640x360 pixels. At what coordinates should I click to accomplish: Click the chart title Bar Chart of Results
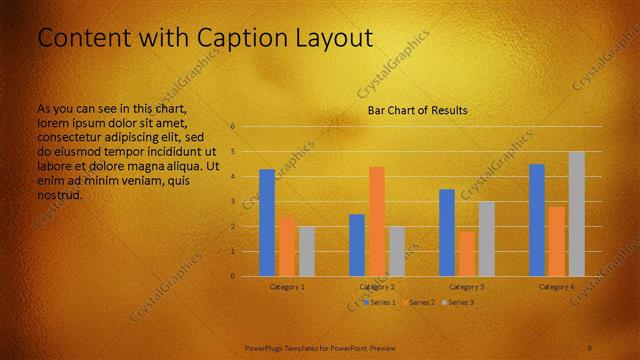click(417, 110)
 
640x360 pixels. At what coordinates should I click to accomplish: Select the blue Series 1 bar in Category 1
click(267, 222)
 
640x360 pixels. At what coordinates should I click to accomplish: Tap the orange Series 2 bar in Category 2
click(377, 221)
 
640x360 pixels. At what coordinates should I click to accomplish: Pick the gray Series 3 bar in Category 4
click(577, 213)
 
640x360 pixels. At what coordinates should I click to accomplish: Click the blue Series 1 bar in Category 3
click(447, 232)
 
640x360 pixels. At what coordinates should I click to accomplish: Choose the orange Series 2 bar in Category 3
click(467, 254)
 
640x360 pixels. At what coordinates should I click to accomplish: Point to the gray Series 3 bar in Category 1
click(307, 251)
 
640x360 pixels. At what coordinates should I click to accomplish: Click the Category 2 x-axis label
click(377, 286)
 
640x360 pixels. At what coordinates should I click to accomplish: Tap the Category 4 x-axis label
click(557, 286)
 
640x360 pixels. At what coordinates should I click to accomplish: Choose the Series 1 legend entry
click(380, 301)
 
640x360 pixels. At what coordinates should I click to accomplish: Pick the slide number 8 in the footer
click(590, 347)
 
